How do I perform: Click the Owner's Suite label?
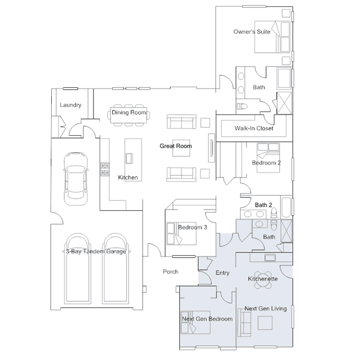252,32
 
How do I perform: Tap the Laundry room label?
70,105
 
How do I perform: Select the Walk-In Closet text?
254,128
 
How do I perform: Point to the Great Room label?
176,146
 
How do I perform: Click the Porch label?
170,272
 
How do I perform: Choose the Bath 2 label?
263,205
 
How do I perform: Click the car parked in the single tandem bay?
75,179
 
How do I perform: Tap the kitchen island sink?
129,158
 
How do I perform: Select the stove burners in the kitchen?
105,169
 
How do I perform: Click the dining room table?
128,115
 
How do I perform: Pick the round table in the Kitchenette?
263,280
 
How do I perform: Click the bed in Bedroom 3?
181,233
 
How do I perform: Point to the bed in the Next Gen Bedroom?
195,322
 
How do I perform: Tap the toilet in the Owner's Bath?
242,106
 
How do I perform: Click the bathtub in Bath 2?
286,207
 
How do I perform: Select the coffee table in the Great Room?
181,148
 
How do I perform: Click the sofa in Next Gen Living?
244,322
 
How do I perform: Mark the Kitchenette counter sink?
270,257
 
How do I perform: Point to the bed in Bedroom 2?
268,158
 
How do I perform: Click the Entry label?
222,273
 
